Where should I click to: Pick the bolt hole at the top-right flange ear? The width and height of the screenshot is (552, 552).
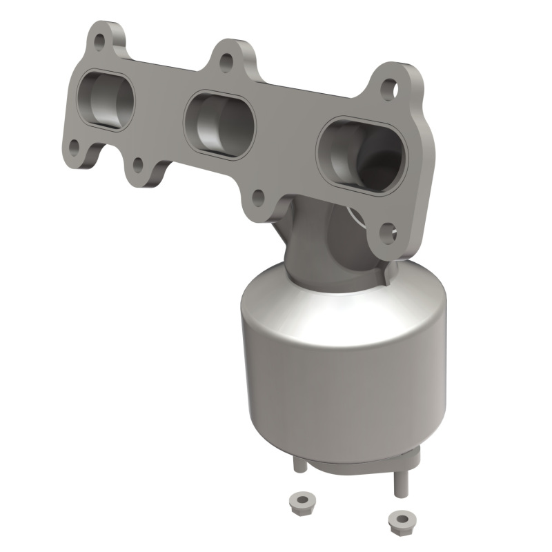pos(389,88)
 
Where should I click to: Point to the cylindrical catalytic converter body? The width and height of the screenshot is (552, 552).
pos(342,373)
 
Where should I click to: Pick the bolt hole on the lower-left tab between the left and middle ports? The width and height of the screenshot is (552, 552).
pos(137,166)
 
